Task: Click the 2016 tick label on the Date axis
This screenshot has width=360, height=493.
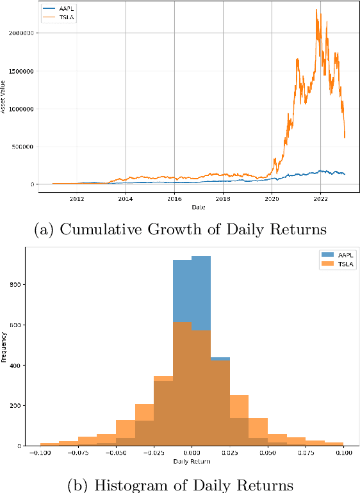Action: click(174, 199)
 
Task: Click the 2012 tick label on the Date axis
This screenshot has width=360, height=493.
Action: click(77, 199)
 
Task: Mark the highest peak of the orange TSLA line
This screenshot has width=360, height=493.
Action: click(317, 10)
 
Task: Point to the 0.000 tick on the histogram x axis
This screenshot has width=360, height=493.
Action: click(192, 453)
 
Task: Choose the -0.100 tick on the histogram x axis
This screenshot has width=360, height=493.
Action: click(39, 453)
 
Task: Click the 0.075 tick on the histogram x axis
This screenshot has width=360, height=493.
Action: click(306, 453)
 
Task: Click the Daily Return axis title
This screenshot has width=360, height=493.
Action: click(192, 461)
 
